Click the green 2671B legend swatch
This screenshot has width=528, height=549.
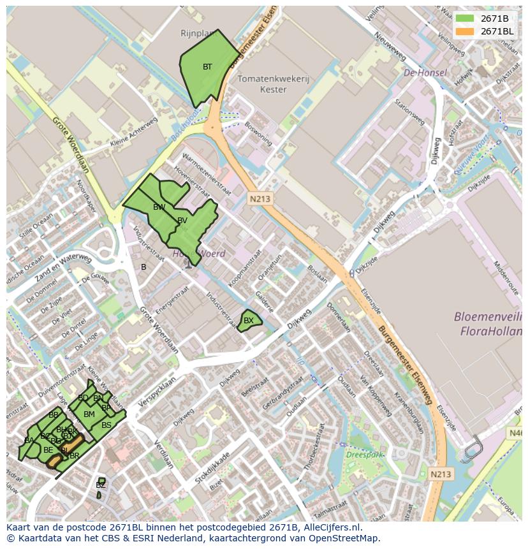pos(465,18)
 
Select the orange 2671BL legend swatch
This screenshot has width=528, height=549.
pos(465,31)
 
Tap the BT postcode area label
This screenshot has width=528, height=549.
pos(207,67)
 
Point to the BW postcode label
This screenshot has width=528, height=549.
pos(159,207)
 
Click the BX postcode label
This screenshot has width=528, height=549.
pos(249,321)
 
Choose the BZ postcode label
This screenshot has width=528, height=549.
pos(100,485)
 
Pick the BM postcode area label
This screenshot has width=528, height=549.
pos(89,414)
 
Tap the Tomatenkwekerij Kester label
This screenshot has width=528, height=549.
pos(273,84)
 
